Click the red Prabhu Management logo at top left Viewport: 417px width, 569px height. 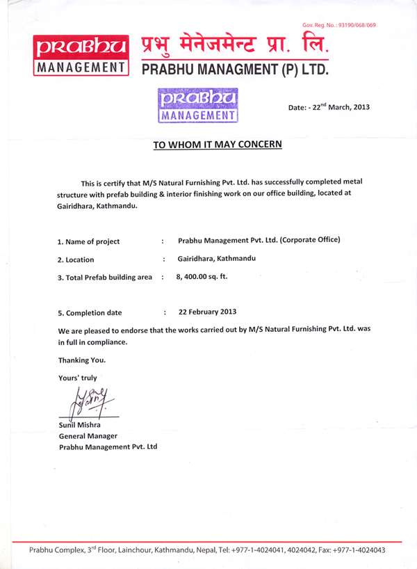click(x=80, y=54)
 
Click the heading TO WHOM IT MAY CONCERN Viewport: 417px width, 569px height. click(x=218, y=145)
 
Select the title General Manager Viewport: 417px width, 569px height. click(x=88, y=435)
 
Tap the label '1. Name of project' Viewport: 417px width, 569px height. click(x=88, y=241)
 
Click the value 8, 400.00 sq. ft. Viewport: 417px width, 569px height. click(x=202, y=276)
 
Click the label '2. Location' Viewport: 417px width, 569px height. click(x=76, y=259)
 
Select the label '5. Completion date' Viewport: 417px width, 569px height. click(x=90, y=313)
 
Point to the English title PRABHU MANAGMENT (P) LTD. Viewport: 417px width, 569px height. click(x=235, y=70)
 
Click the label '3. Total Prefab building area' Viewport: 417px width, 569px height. click(x=104, y=278)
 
